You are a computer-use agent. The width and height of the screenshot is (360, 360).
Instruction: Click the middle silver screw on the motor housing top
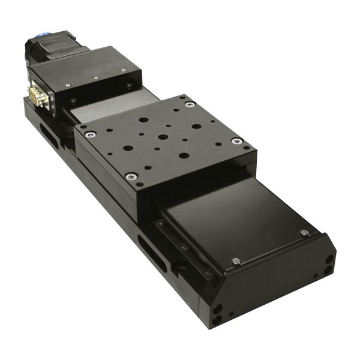click(95, 77)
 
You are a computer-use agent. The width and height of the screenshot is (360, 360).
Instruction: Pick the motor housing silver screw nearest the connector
click(68, 85)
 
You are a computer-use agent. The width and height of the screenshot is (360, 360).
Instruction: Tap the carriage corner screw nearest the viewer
click(130, 176)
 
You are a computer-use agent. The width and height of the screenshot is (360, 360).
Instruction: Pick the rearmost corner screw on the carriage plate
click(190, 104)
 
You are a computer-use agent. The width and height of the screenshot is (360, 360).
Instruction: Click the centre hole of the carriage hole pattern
click(163, 137)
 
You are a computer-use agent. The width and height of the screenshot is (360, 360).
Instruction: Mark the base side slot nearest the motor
click(50, 137)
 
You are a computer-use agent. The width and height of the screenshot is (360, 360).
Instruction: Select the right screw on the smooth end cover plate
click(304, 233)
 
